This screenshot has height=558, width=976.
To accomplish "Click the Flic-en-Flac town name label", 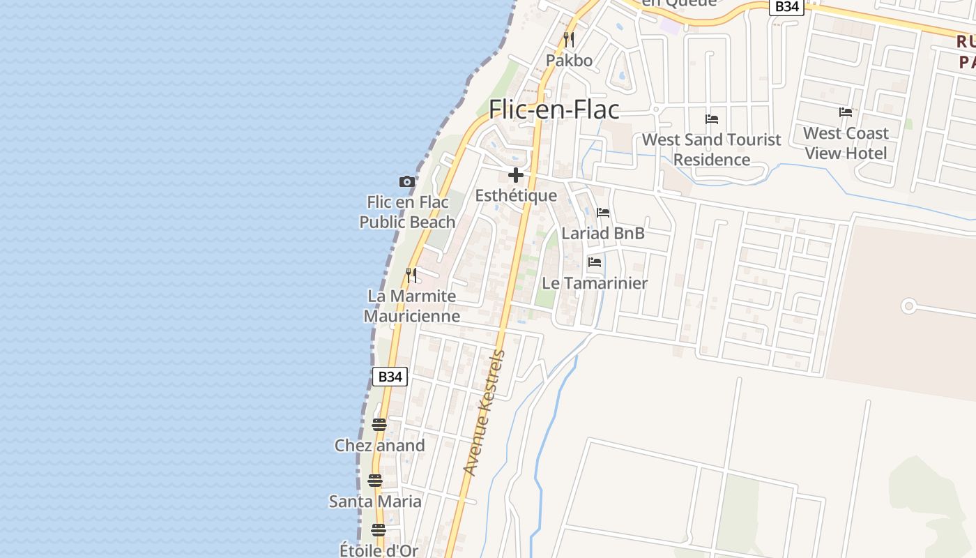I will click(554, 110).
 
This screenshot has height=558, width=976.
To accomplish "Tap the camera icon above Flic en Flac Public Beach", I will click(407, 182).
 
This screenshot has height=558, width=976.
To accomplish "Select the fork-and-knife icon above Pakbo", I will click(569, 39).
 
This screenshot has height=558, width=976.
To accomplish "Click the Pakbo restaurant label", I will click(569, 61).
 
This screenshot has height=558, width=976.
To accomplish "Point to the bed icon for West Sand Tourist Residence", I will click(712, 119).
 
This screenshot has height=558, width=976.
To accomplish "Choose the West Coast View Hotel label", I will click(846, 143).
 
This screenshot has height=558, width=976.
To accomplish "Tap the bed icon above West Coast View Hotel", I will click(846, 112).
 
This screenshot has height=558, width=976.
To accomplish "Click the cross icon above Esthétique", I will click(516, 175).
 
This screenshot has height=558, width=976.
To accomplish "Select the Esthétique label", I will click(516, 195).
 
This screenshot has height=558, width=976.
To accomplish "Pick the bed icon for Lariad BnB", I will click(603, 212).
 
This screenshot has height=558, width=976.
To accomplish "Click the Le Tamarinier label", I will click(595, 283).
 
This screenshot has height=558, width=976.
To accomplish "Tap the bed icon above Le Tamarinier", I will click(595, 262).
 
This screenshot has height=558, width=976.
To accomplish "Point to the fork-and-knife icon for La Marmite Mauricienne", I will click(411, 275).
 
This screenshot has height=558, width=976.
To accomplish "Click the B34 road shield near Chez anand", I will click(390, 377).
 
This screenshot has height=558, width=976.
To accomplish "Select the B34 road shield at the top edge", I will click(786, 6).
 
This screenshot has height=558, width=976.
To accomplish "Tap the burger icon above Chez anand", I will click(379, 424).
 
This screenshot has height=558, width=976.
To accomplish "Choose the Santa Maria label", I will click(375, 502).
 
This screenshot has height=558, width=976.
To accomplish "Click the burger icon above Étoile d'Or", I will click(379, 530).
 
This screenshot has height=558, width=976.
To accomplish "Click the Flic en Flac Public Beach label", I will click(407, 212).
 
